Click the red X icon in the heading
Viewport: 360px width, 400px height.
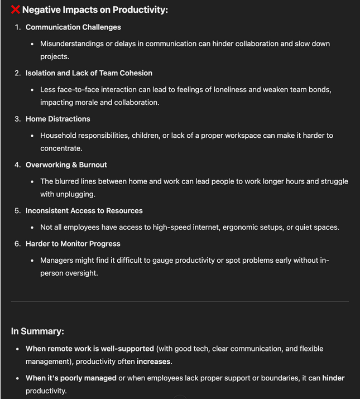pyautogui.click(x=16, y=9)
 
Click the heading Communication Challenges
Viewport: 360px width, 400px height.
pyautogui.click(x=73, y=27)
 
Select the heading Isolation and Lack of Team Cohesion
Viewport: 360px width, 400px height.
pyautogui.click(x=89, y=73)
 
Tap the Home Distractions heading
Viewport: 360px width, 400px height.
pyautogui.click(x=57, y=119)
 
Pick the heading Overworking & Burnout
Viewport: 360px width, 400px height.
pyautogui.click(x=66, y=165)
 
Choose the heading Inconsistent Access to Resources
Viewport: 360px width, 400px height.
pyautogui.click(x=84, y=210)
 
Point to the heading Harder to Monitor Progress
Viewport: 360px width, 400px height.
pyautogui.click(x=73, y=243)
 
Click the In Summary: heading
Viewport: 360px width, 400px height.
pyautogui.click(x=37, y=331)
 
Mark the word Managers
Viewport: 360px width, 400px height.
pyautogui.click(x=58, y=261)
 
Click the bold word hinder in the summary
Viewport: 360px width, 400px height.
pyautogui.click(x=333, y=378)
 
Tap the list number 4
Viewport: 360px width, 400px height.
pyautogui.click(x=17, y=165)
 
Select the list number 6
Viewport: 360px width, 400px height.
pyautogui.click(x=17, y=243)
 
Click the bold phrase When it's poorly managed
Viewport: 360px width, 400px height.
pyautogui.click(x=71, y=378)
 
